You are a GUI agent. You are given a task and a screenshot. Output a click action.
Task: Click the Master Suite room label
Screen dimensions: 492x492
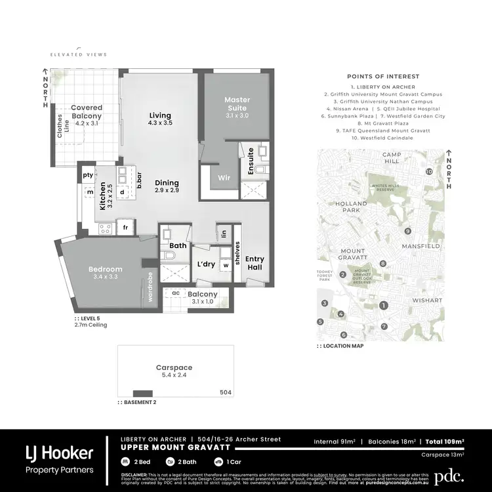[237, 104]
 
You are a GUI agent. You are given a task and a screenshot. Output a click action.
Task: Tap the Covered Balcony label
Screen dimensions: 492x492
[87, 112]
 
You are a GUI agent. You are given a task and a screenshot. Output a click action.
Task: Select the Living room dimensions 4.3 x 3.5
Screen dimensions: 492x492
[159, 123]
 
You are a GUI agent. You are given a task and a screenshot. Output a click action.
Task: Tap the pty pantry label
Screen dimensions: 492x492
[87, 175]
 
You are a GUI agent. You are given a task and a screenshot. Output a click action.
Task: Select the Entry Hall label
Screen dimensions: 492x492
[255, 263]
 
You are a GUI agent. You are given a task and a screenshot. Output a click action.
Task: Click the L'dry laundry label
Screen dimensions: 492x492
[206, 264]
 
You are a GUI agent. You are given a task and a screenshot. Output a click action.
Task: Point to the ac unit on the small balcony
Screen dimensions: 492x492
[176, 293]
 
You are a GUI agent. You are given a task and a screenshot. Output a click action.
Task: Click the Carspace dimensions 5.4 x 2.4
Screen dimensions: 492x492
[174, 377]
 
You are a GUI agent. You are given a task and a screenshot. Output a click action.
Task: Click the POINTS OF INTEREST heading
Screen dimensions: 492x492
[383, 77]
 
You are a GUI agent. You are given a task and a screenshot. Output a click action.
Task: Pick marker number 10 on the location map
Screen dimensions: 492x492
[428, 172]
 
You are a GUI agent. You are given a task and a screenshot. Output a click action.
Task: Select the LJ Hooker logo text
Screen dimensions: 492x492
[59, 453]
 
